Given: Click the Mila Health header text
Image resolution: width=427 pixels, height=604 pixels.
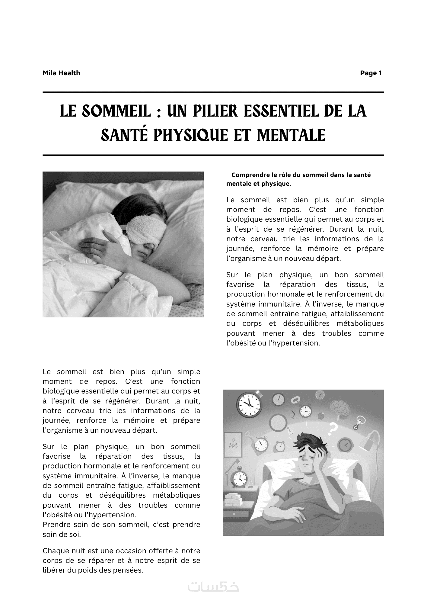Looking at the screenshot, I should (x=61, y=73).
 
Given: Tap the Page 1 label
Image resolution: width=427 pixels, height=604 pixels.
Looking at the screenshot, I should (x=371, y=73).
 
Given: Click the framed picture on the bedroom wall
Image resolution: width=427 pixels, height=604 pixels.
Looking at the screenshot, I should (x=233, y=445).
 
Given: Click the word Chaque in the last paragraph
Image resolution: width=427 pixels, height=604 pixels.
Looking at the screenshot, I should (x=54, y=551).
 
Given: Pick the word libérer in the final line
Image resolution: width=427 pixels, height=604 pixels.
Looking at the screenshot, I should (x=53, y=570).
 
